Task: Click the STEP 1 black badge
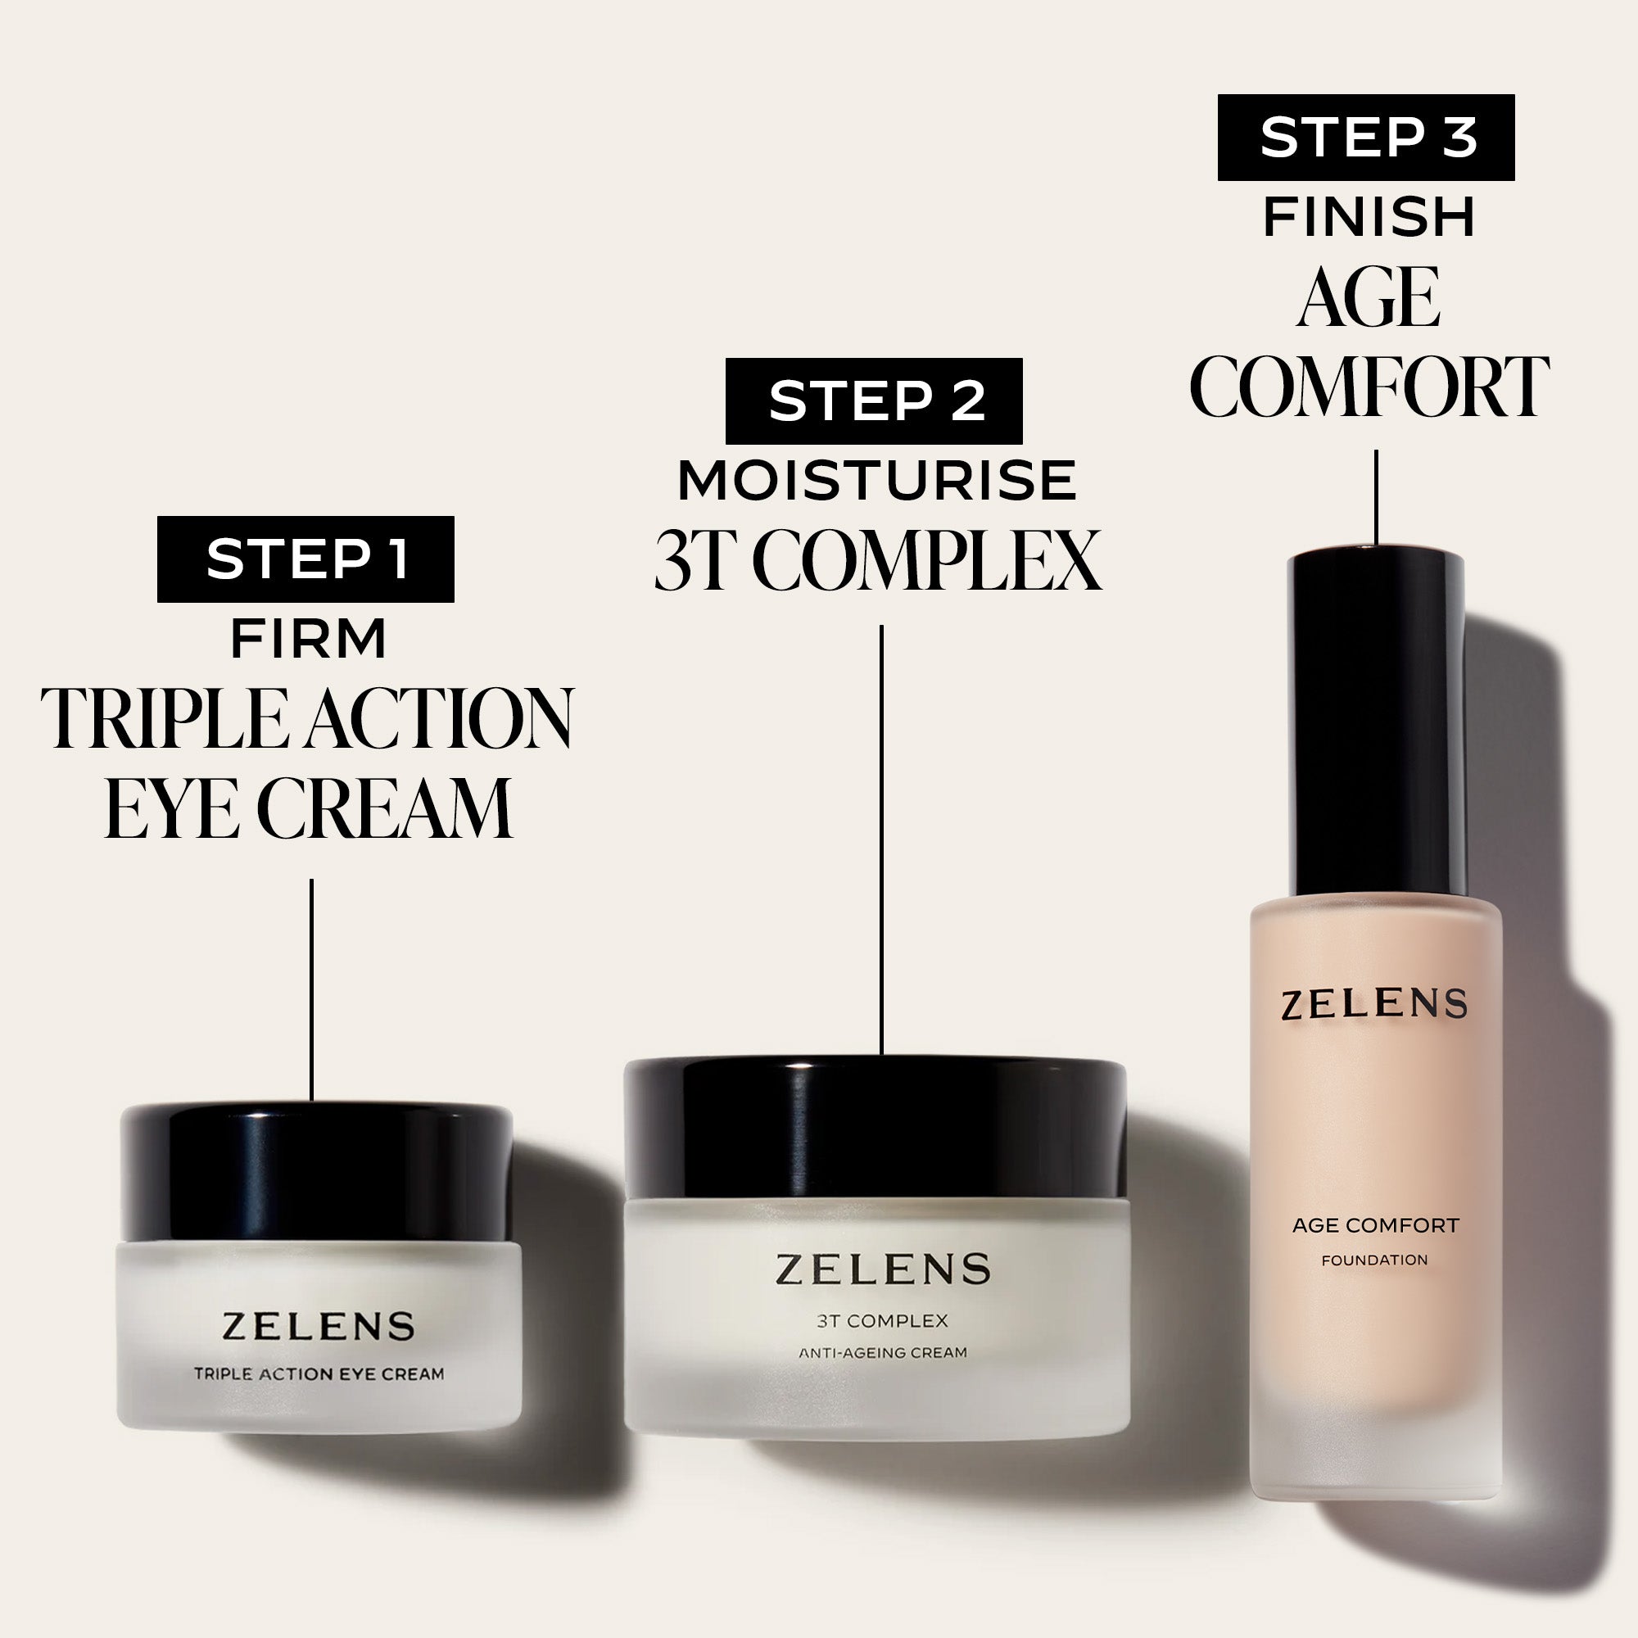click(305, 559)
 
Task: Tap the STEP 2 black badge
click(874, 401)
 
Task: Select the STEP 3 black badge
click(1366, 138)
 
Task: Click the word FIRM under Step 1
click(309, 639)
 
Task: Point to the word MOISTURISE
click(876, 481)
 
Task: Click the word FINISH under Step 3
click(1369, 216)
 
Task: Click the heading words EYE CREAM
click(309, 808)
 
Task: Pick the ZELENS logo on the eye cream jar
click(318, 1327)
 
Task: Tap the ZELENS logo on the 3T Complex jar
click(883, 1269)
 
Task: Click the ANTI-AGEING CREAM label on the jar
click(883, 1353)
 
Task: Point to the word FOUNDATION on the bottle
click(1374, 1260)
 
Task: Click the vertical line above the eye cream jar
click(312, 989)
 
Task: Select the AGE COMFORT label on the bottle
click(1375, 1225)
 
